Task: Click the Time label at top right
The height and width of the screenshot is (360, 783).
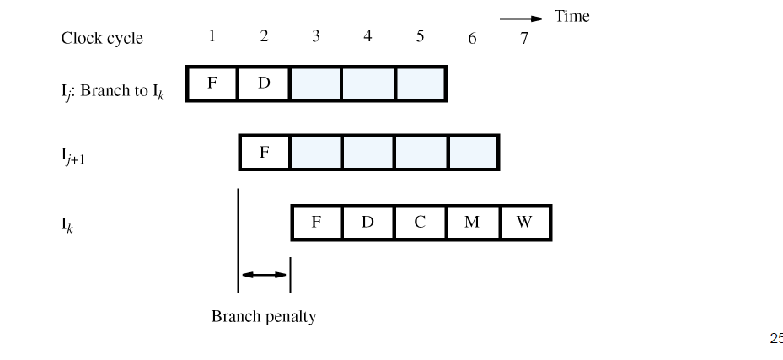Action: click(571, 17)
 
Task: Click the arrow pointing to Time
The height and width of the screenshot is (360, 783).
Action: click(521, 18)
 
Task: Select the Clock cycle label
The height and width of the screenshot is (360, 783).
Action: click(102, 39)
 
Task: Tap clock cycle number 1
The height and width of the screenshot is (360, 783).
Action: click(212, 36)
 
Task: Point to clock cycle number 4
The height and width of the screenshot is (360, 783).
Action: click(367, 36)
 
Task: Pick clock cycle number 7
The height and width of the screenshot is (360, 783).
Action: click(524, 39)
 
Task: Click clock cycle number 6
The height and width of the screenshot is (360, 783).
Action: click(472, 39)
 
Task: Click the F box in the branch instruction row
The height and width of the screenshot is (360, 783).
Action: click(212, 84)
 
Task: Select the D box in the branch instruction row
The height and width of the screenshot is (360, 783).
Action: click(264, 84)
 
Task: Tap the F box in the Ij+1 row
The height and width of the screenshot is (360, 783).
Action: click(264, 153)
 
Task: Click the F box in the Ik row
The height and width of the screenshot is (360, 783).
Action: click(316, 223)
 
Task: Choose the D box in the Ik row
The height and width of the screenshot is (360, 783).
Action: click(367, 223)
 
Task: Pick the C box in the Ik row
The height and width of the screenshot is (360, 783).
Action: click(420, 223)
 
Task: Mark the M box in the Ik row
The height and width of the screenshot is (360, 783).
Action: click(472, 223)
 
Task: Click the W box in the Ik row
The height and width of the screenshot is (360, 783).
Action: click(524, 223)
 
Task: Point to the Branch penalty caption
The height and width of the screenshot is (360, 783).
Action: click(263, 317)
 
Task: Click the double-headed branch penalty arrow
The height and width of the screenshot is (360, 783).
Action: click(264, 274)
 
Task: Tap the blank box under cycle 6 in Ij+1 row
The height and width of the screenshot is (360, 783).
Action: click(472, 153)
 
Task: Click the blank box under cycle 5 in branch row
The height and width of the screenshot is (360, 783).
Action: click(420, 84)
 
